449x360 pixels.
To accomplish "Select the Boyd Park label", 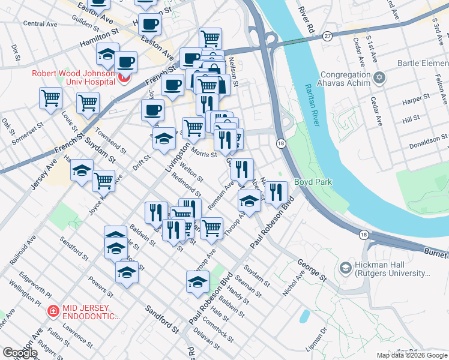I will (x=313, y=182).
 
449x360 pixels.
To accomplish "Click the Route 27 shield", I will (x=327, y=37).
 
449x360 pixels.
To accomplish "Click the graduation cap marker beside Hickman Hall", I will (x=345, y=267).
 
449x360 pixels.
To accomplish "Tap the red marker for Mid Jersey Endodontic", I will (x=53, y=311).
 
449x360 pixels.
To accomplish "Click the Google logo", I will (x=20, y=353).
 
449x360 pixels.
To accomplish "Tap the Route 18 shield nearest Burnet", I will (x=363, y=235).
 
